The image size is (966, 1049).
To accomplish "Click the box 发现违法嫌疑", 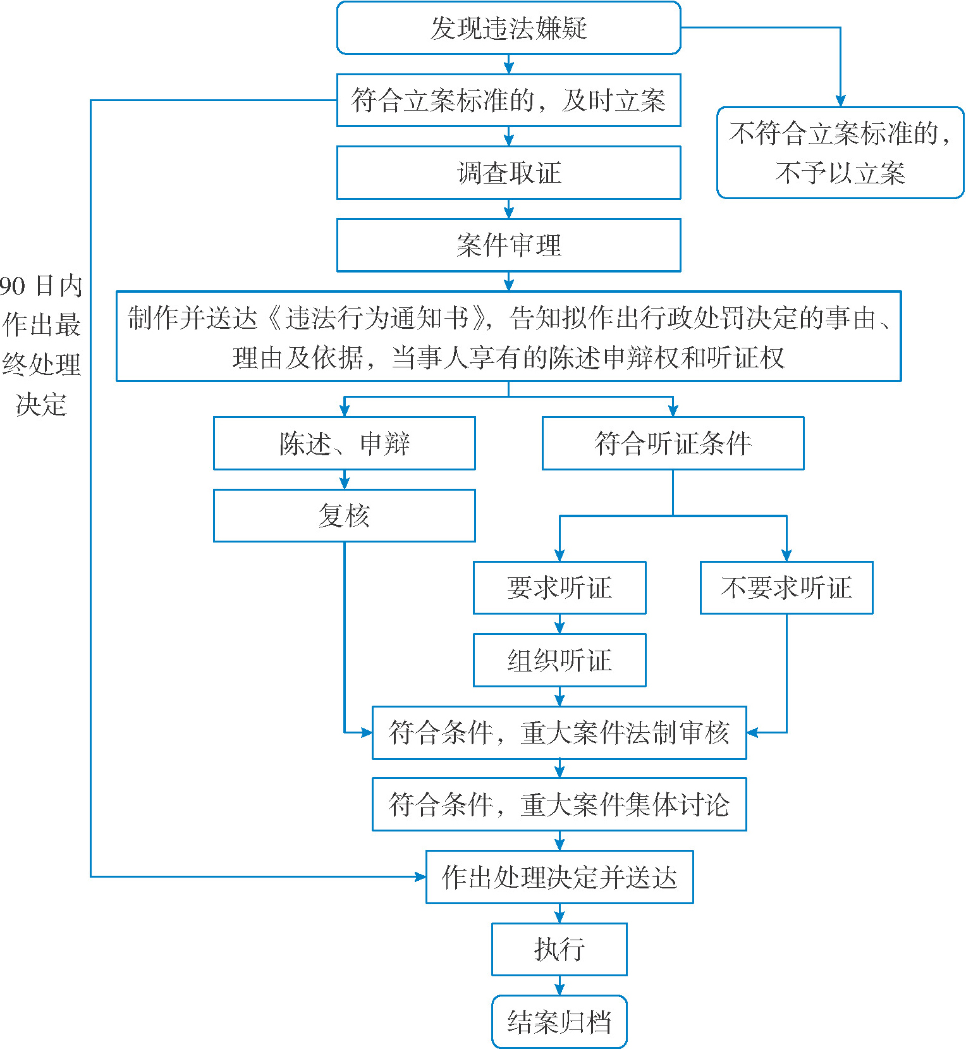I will coord(508,28).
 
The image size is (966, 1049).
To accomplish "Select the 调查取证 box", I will coord(508,173).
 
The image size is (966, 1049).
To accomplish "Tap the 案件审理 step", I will coord(508,245).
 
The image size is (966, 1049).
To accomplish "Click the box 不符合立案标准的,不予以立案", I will coord(840,152).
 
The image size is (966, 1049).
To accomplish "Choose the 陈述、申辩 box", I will coord(344,443).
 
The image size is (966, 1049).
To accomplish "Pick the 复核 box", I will coord(344,515).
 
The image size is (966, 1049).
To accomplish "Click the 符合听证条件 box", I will coord(673,443).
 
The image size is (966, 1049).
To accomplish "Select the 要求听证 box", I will coord(559,587).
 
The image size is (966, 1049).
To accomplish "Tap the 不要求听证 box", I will coord(786,587).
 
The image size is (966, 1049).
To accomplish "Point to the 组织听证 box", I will coord(559,660).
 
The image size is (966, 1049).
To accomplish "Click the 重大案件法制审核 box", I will coord(559,733).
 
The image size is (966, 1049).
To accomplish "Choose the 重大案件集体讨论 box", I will coord(559,804).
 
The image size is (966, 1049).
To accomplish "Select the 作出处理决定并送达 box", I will coord(559,877).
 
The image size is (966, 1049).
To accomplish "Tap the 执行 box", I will coord(559,949).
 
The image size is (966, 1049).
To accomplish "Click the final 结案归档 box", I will coord(559,1022).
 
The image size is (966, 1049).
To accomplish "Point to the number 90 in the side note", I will coord(13,286).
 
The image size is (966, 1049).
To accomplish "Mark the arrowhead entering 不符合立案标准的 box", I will coord(840,101).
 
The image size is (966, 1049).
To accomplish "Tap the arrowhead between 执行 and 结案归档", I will coord(559,989).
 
